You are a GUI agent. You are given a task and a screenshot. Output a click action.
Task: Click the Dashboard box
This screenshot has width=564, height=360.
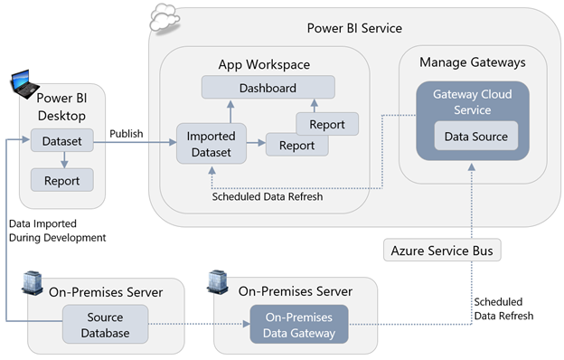point(268,88)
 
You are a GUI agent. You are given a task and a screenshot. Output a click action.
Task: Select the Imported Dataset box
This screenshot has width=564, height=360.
point(210,144)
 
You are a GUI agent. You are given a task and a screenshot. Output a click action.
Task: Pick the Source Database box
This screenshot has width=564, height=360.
point(106,325)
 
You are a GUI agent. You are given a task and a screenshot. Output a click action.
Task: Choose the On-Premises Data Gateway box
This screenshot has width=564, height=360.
point(298,325)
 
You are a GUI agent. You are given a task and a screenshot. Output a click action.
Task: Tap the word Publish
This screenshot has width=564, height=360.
point(126,134)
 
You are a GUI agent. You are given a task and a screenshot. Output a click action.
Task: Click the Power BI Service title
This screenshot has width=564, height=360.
point(354,29)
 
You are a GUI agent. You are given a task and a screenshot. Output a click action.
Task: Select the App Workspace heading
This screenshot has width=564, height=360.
point(264,64)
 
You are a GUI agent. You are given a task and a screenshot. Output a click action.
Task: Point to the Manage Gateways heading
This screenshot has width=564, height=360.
point(472,62)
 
